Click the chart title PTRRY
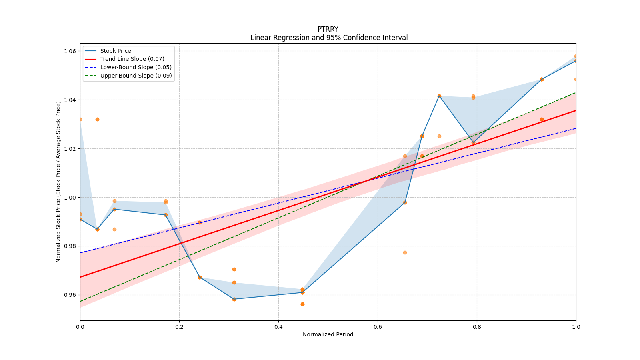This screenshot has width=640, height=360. pyautogui.click(x=328, y=29)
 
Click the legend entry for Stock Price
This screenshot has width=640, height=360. pyautogui.click(x=116, y=51)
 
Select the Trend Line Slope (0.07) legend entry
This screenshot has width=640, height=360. pyautogui.click(x=132, y=59)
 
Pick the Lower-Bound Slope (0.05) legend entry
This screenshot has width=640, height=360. pyautogui.click(x=136, y=67)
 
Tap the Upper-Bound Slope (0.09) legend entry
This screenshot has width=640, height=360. pyautogui.click(x=136, y=76)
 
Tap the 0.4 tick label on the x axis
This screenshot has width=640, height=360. pyautogui.click(x=278, y=327)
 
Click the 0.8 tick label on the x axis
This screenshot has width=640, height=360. pyautogui.click(x=477, y=327)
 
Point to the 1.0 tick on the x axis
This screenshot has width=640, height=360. pyautogui.click(x=576, y=327)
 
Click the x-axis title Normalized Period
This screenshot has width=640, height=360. pyautogui.click(x=328, y=334)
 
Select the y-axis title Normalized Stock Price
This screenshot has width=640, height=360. pyautogui.click(x=58, y=182)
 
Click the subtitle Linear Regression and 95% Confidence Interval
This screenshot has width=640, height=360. pyautogui.click(x=329, y=38)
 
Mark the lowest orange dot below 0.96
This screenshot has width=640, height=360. pyautogui.click(x=302, y=304)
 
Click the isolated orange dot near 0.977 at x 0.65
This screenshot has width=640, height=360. pyautogui.click(x=405, y=252)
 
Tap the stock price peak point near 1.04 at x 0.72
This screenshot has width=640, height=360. pyautogui.click(x=439, y=96)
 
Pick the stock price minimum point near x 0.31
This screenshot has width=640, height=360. pyautogui.click(x=234, y=299)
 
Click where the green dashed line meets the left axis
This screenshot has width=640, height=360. pyautogui.click(x=80, y=301)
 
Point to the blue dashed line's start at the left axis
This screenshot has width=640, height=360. pyautogui.click(x=80, y=253)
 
